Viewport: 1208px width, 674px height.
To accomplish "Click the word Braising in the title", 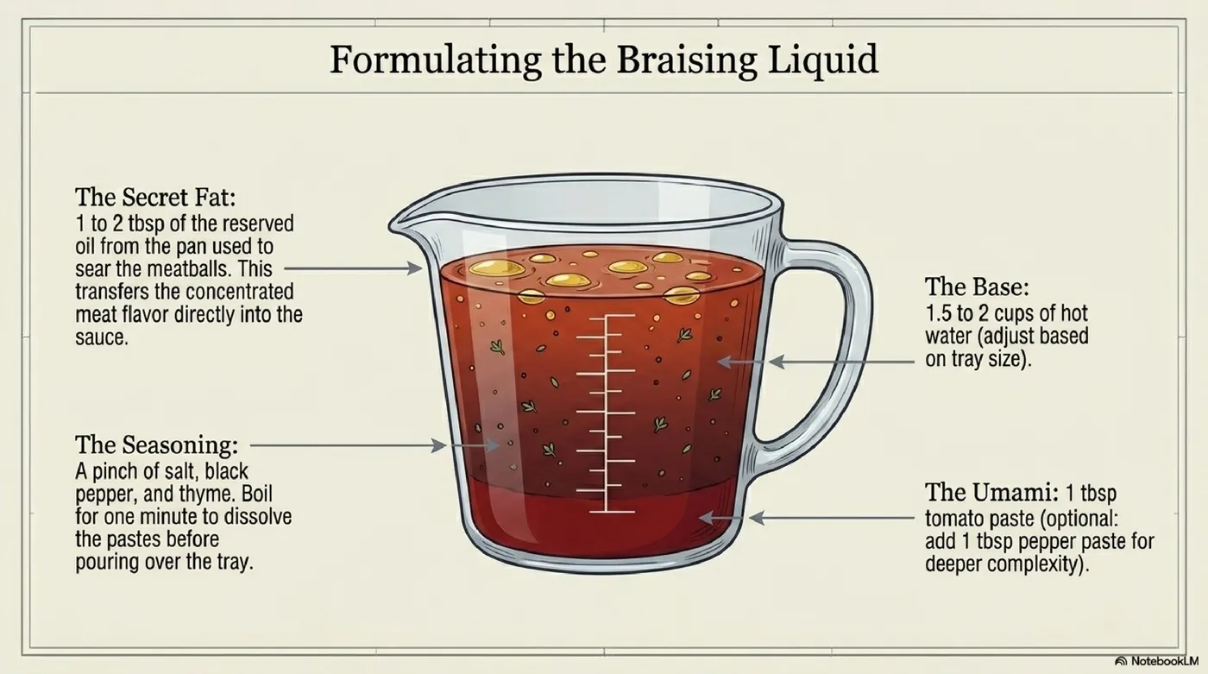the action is coord(687,60).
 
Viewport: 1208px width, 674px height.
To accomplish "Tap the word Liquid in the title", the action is coord(823,60).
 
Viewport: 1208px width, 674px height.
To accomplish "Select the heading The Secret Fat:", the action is coord(155,197).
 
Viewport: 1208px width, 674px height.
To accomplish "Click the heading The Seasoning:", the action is coord(156,444).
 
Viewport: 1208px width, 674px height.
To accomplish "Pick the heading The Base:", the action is coord(977,287).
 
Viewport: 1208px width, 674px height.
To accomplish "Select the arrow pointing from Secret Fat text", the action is coord(353,268).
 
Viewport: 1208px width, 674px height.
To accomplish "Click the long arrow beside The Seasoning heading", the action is coord(349,445).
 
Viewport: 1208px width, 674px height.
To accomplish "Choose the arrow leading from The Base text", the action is coord(841,362).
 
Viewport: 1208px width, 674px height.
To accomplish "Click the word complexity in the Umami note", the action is coord(1039,564).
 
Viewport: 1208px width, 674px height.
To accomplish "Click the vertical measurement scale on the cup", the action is coord(606,413).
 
